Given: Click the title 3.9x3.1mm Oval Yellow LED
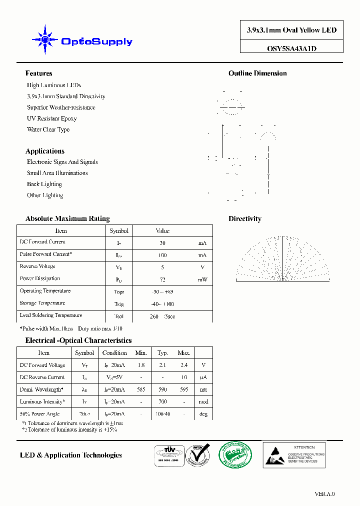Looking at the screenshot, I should coord(291,30).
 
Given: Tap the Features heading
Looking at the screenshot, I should coord(38,73).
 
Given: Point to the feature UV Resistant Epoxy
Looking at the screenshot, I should coord(51,118).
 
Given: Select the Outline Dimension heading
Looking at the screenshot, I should coord(257,73).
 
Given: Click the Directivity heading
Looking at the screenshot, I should coord(244,218).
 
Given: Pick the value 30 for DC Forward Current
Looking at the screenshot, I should coord(162,243).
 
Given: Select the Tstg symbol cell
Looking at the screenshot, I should coord(119,304).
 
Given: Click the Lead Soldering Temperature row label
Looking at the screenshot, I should coord(51,315).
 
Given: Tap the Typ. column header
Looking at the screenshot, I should coord(162,353).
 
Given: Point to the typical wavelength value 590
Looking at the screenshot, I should coord(162,389).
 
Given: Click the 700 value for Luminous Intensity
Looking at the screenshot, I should coord(162,401).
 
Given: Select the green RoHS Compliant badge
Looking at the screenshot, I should coord(235,454).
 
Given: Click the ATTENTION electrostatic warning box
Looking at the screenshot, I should coord(294,454).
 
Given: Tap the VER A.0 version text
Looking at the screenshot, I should coord(324,493).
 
